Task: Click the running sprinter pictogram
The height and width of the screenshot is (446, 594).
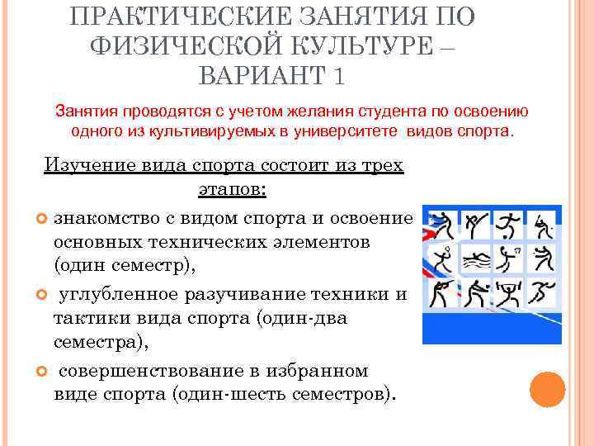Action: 542,294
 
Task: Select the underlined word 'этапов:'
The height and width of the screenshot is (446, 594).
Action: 233,189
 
